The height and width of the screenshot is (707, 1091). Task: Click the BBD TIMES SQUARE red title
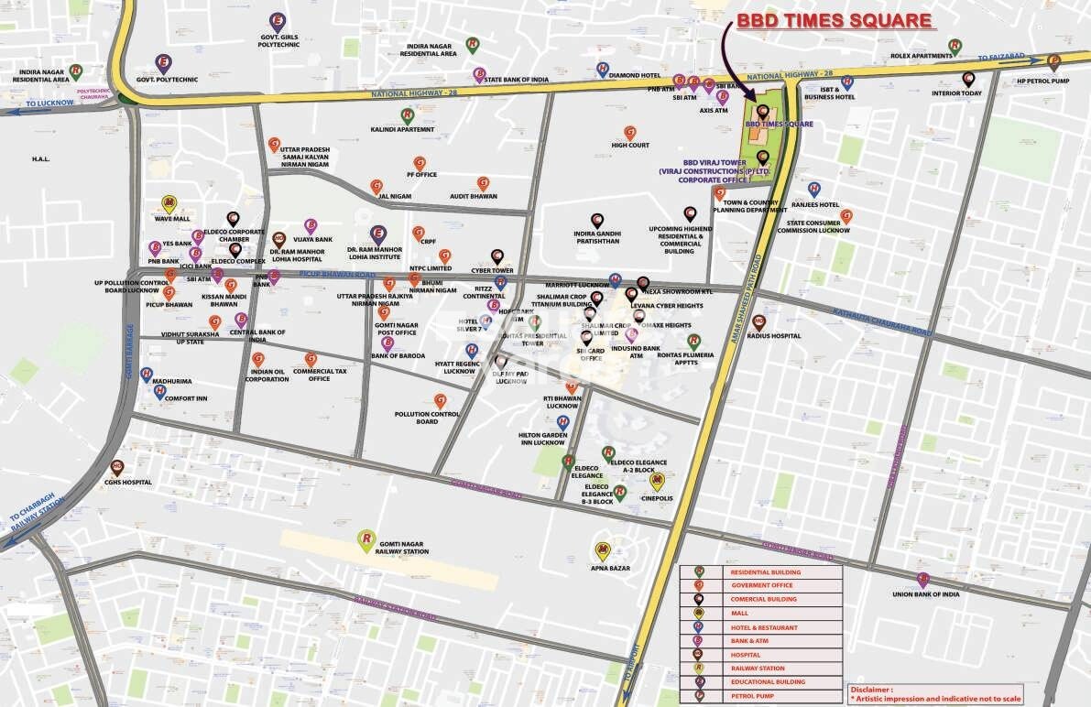click(x=835, y=21)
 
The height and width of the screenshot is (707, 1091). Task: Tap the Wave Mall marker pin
click(x=169, y=203)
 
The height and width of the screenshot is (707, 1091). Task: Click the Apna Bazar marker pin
click(x=602, y=550)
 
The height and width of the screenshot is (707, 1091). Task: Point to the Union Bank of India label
click(x=925, y=594)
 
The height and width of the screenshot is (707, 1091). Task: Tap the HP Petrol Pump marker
click(x=1053, y=62)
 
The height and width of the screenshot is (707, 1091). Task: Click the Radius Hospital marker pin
click(x=758, y=321)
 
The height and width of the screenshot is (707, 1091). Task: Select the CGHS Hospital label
click(x=127, y=482)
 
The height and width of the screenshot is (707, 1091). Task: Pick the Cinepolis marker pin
click(x=656, y=481)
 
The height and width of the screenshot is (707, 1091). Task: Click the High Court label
click(x=630, y=145)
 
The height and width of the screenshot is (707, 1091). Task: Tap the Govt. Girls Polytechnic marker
click(x=277, y=20)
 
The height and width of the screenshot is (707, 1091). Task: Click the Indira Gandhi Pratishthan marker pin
click(x=596, y=220)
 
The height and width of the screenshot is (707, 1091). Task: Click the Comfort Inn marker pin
click(x=160, y=391)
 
